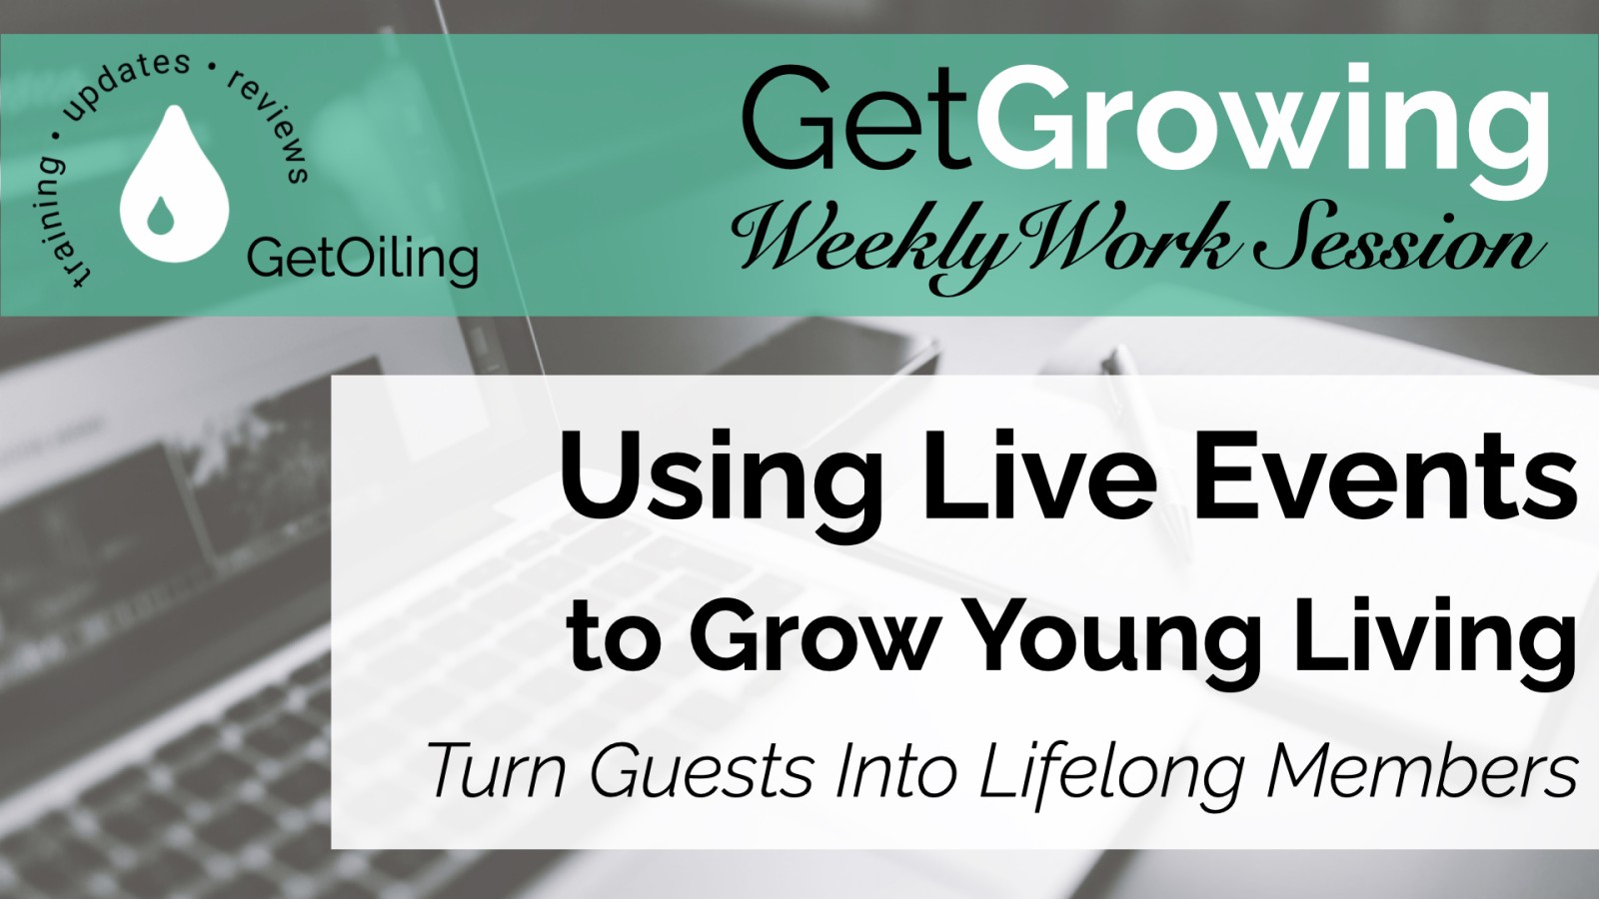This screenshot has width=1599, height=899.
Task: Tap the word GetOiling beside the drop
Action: coord(362,260)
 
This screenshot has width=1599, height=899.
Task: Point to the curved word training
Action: coord(61,220)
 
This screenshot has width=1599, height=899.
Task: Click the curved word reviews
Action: coord(271,124)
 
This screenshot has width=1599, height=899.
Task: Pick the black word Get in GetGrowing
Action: coord(855,120)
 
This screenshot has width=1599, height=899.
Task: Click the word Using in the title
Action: coord(720,479)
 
